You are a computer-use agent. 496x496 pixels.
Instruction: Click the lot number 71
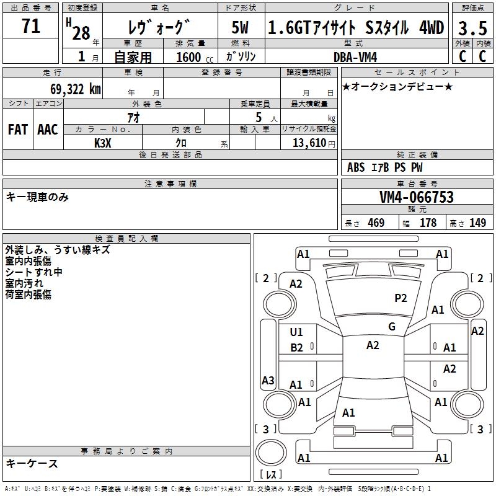coord(30,27)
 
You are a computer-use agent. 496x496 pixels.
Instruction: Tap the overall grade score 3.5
coord(472,28)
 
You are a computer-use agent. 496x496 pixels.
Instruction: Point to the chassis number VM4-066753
coord(417,197)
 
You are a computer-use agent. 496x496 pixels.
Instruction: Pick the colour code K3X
coord(103,143)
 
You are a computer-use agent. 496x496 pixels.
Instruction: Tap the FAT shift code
coord(17,130)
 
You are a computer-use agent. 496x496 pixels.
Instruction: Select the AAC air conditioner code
coord(47,130)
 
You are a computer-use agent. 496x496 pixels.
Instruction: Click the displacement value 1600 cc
coord(188,57)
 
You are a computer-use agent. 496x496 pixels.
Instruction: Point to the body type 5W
coord(241,28)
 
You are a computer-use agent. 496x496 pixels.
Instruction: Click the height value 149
coord(477,223)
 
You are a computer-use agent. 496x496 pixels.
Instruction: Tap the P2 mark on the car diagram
coord(401,298)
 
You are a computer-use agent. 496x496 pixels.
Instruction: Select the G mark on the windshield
coord(391,327)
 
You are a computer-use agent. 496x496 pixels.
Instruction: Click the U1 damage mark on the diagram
coord(297,332)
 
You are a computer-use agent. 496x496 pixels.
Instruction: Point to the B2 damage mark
coord(297,348)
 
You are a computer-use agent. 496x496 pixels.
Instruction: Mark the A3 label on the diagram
coord(268,381)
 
